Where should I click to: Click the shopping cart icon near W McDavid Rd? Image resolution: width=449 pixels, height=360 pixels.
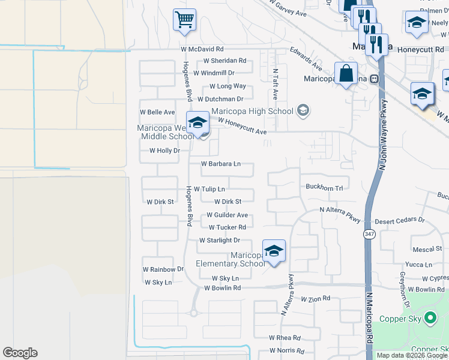[185, 19]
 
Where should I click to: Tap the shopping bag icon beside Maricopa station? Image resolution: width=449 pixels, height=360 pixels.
[346, 74]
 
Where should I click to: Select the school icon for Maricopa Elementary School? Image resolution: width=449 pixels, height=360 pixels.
[273, 251]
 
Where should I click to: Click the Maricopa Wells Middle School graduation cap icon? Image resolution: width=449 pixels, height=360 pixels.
[197, 124]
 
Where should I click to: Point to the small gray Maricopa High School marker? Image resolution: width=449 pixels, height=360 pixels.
[303, 110]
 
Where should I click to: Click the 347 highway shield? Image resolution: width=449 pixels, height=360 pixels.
[369, 235]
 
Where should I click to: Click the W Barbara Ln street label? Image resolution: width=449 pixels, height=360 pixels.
[221, 163]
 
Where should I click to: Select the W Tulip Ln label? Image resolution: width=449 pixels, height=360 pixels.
[209, 189]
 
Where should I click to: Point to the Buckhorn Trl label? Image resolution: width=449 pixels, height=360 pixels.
[324, 188]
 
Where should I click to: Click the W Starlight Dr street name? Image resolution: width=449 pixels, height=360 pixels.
[220, 240]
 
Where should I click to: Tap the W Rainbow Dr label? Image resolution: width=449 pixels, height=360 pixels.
[163, 269]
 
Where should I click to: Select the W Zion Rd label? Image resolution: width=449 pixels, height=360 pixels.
[316, 298]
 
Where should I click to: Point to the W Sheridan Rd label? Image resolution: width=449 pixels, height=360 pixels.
[225, 61]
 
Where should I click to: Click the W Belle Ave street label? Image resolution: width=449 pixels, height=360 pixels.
[157, 112]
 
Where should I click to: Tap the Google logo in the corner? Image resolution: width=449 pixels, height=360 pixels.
[20, 353]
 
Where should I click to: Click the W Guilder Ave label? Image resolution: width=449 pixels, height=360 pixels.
[227, 215]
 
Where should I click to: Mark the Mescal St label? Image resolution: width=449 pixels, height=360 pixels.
[427, 249]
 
